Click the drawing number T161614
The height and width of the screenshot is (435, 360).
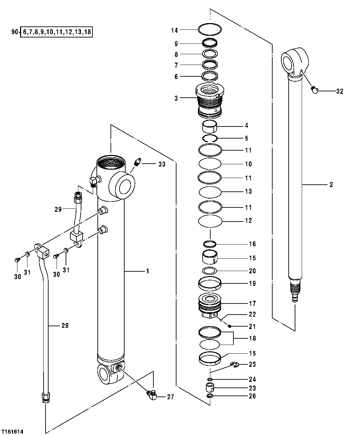point(14,432)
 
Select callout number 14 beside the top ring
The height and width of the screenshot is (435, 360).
point(174,30)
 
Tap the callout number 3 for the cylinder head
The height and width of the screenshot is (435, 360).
point(176,98)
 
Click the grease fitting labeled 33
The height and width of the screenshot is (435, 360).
point(137,162)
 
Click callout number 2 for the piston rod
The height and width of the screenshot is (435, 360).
point(331,184)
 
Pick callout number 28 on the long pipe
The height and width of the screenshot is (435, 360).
point(65,325)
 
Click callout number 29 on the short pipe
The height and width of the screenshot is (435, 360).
point(58,209)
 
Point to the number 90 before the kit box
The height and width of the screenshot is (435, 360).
point(14,32)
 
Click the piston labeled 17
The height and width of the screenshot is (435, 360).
point(210,304)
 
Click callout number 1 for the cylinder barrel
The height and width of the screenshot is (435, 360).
point(147,271)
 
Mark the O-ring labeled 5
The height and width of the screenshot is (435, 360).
point(210,138)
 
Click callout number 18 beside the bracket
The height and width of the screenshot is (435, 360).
point(252,338)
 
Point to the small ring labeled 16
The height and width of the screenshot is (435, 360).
point(210,244)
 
